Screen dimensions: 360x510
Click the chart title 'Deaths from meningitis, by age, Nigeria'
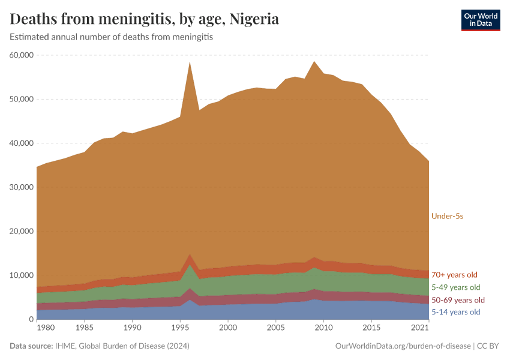[x=144, y=19]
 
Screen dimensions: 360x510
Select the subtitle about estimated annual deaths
[x=111, y=37]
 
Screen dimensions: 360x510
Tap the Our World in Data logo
[x=480, y=20]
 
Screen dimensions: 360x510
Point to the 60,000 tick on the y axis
[x=20, y=55]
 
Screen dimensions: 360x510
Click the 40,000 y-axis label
[x=20, y=143]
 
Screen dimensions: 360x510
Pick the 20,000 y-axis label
[x=20, y=231]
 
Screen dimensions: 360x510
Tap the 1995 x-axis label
[x=180, y=328]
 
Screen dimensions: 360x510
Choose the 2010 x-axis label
[x=323, y=328]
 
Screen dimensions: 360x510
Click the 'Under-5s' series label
[x=447, y=216]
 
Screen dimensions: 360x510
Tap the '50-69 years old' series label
[x=458, y=300]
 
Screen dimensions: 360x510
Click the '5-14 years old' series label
[x=455, y=312]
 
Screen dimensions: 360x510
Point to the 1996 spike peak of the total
[x=190, y=62]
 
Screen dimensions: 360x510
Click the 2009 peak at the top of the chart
[x=314, y=62]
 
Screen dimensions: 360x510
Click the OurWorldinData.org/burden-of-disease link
[x=403, y=346]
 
